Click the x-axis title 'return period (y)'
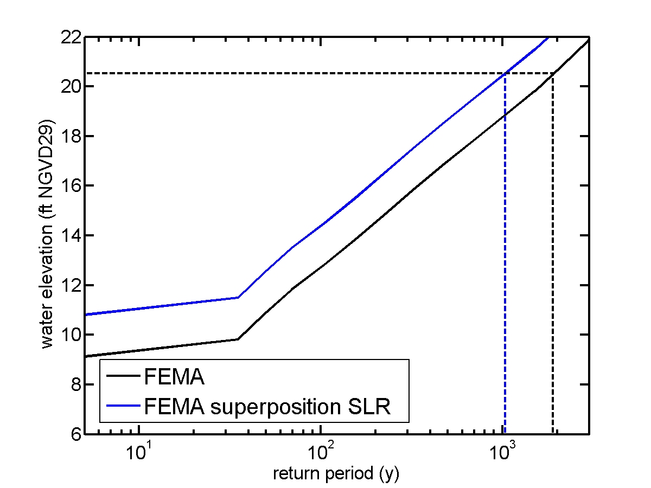(x=336, y=474)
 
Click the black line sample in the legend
(x=122, y=377)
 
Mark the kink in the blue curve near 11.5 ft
(x=238, y=297)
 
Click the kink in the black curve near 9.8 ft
(x=238, y=339)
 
